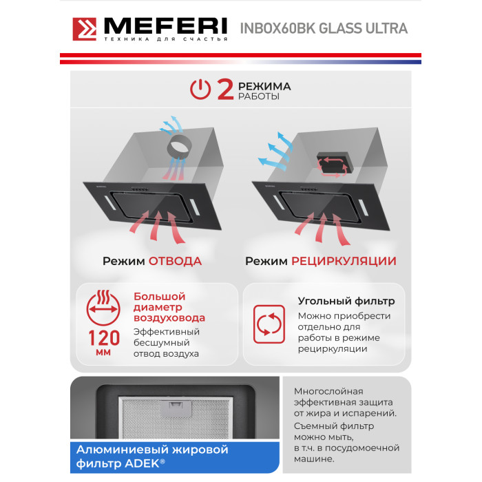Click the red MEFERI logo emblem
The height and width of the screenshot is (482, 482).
coord(84,29)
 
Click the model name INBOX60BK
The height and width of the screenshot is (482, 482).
coord(277,28)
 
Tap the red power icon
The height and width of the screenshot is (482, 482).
coord(200,89)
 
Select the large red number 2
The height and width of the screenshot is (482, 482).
coord(225,89)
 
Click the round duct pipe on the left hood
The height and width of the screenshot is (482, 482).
coord(179,146)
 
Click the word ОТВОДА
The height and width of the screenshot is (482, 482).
coord(175,261)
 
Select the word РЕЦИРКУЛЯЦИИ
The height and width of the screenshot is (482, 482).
coord(344,261)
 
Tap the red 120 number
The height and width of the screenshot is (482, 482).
coord(104,338)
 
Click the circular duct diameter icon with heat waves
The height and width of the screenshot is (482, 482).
coord(103,308)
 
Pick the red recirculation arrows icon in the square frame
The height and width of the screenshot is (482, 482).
coord(269,324)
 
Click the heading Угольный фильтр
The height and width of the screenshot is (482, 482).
coord(346,301)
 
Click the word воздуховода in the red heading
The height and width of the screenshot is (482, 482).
coord(169,317)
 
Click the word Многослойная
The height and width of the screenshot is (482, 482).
coord(328,391)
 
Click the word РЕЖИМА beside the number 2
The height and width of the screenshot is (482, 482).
coord(264,86)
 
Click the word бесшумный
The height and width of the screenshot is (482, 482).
coord(161,343)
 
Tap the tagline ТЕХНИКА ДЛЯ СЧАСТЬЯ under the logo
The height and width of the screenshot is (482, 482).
coord(166,39)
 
